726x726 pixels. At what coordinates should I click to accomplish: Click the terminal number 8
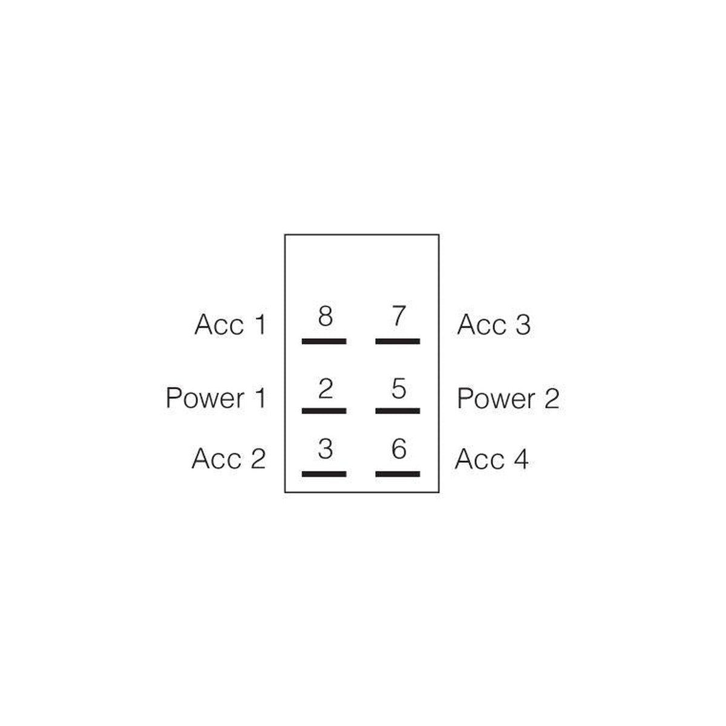tap(325, 316)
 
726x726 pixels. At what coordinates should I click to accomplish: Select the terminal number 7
tap(399, 316)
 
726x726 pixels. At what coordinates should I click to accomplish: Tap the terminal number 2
tap(325, 389)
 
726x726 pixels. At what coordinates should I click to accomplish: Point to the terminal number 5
tap(399, 389)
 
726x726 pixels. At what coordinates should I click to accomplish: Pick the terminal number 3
tap(325, 449)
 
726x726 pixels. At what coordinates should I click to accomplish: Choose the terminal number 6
tap(399, 449)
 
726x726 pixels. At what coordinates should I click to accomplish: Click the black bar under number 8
tap(324, 341)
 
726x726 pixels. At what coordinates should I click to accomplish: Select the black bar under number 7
tap(397, 341)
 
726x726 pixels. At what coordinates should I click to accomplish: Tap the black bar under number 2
tap(324, 411)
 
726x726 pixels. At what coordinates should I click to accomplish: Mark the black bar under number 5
tap(397, 411)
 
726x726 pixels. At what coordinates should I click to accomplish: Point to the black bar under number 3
tap(324, 474)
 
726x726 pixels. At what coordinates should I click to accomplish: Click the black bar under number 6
tap(397, 474)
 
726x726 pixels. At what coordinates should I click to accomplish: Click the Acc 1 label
tap(230, 324)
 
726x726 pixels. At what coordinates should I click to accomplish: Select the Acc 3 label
tap(494, 324)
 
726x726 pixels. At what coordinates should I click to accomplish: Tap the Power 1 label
tap(216, 398)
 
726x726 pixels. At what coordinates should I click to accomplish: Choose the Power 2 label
tap(508, 398)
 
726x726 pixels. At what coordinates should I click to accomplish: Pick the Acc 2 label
tap(229, 458)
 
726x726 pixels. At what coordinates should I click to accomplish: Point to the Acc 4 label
tap(492, 458)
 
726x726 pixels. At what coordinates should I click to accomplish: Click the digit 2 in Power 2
tap(552, 398)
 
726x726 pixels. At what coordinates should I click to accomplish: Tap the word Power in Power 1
tap(205, 398)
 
